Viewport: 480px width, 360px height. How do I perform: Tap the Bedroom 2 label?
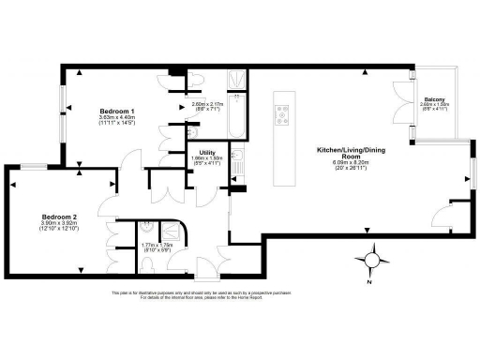tap(59, 217)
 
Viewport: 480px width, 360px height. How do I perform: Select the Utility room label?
tap(206, 152)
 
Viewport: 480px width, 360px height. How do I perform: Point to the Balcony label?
tap(433, 98)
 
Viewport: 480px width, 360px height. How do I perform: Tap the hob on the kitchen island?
tap(281, 116)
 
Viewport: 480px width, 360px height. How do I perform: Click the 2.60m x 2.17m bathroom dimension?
tap(208, 105)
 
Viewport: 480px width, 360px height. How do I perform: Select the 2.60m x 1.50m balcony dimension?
tap(433, 105)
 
